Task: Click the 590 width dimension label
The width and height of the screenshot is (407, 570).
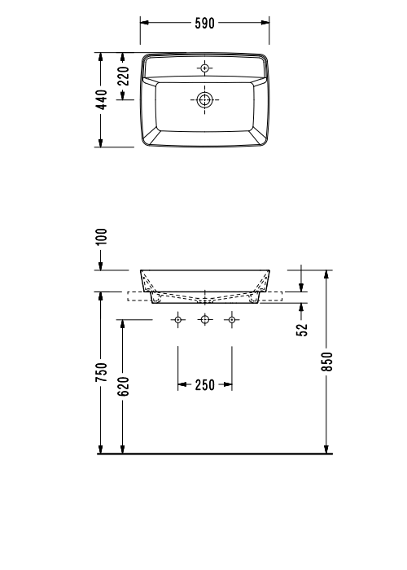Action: click(x=204, y=23)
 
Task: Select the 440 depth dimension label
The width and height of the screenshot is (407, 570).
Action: click(x=102, y=100)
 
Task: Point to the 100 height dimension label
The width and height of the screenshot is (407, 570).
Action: click(x=102, y=237)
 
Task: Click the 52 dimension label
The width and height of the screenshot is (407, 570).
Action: click(x=302, y=328)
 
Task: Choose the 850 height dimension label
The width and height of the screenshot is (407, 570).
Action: click(x=327, y=361)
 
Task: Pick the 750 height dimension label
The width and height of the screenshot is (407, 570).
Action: click(x=102, y=372)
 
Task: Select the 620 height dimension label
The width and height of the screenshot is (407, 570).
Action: click(x=124, y=385)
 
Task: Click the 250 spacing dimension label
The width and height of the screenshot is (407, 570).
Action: click(x=204, y=384)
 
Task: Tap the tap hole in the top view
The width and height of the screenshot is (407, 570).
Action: click(x=204, y=67)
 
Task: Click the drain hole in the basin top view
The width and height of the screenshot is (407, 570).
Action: click(x=204, y=100)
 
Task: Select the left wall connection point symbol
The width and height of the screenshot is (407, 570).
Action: click(x=178, y=320)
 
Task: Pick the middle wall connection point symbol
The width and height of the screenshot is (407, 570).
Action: click(x=204, y=320)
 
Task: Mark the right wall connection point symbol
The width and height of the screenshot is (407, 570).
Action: click(x=231, y=320)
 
